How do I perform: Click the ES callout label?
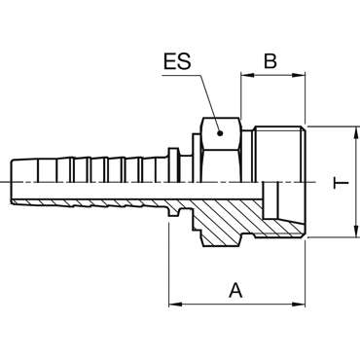pyautogui.click(x=177, y=61)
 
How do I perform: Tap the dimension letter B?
pyautogui.click(x=270, y=60)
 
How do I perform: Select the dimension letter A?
pyautogui.click(x=235, y=290)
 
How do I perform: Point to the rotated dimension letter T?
pyautogui.click(x=341, y=183)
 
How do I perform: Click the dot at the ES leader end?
pyautogui.click(x=220, y=133)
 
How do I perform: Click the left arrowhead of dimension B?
pyautogui.click(x=247, y=75)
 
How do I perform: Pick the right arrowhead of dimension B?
pyautogui.click(x=299, y=75)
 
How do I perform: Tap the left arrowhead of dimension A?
pyautogui.click(x=175, y=305)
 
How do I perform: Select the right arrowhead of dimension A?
pyautogui.click(x=299, y=305)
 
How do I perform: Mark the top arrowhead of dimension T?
pyautogui.click(x=357, y=132)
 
